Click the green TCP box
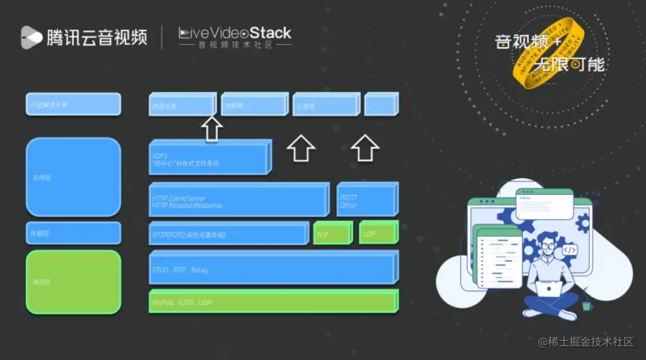[332, 233]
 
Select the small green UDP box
[378, 232]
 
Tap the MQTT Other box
[366, 200]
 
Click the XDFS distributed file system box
[209, 158]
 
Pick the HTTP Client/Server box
[238, 200]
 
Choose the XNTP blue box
[228, 234]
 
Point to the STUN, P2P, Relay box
[272, 269]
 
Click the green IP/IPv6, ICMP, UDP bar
[273, 301]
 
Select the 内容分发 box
[181, 105]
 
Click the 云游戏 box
[325, 105]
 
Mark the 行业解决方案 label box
[73, 104]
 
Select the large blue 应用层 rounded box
[73, 176]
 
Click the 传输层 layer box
[73, 233]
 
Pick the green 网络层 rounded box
[73, 281]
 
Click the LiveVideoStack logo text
[235, 33]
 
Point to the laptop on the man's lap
[549, 289]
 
